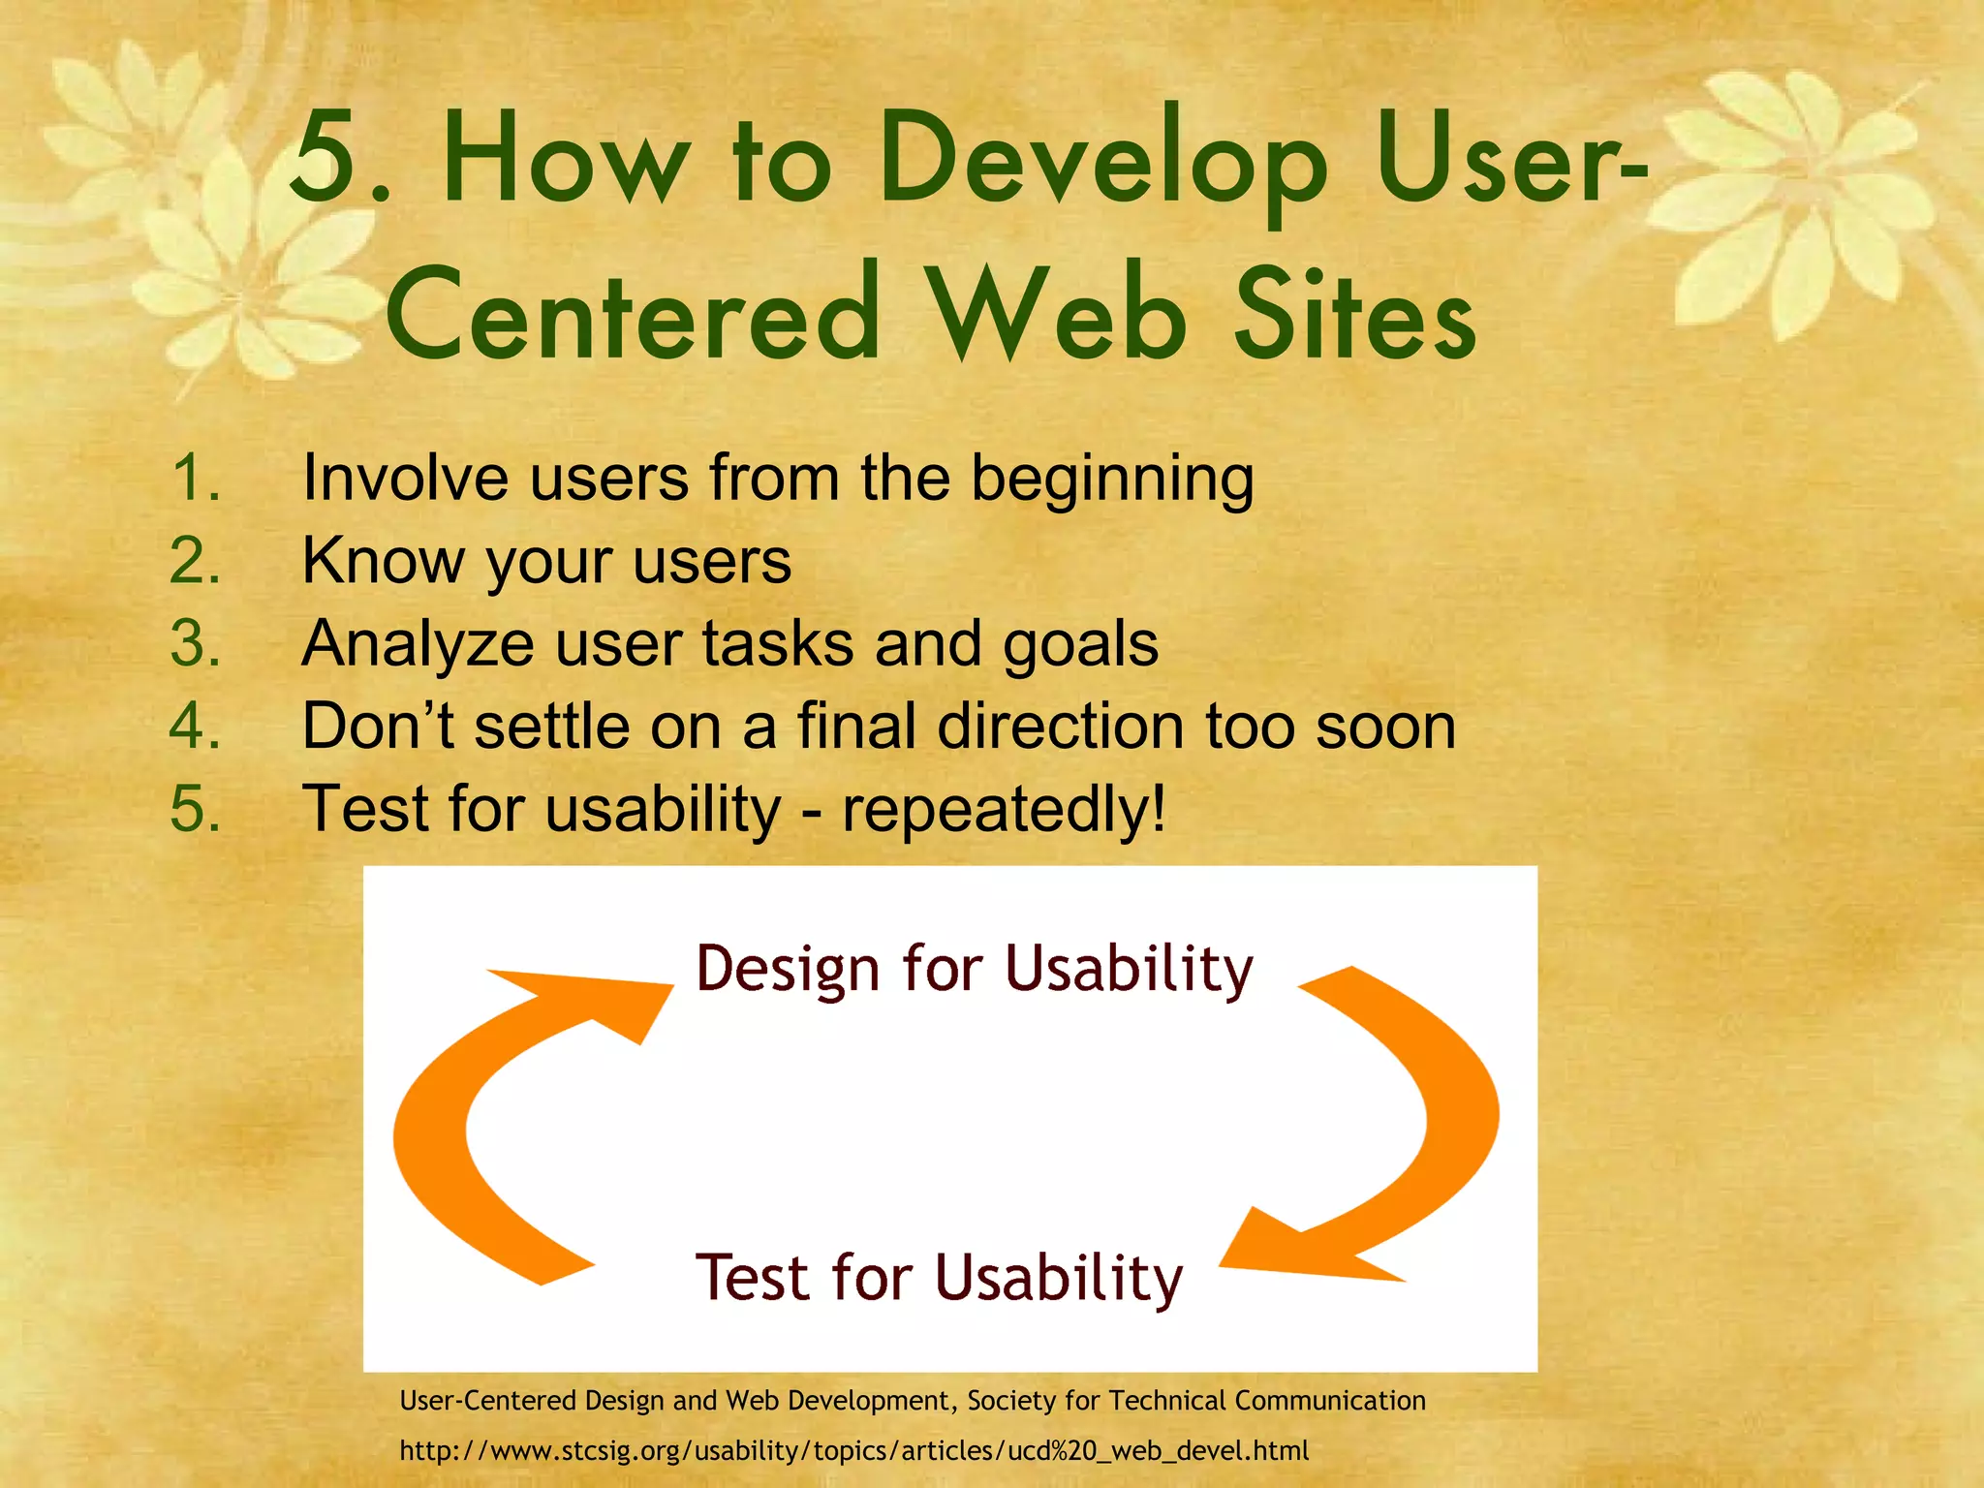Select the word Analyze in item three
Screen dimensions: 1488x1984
click(418, 645)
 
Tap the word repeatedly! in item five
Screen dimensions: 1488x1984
click(1004, 810)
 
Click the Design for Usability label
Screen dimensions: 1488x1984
click(975, 969)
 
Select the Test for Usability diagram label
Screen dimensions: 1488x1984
click(939, 1278)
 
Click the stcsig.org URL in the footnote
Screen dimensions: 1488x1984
click(853, 1450)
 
